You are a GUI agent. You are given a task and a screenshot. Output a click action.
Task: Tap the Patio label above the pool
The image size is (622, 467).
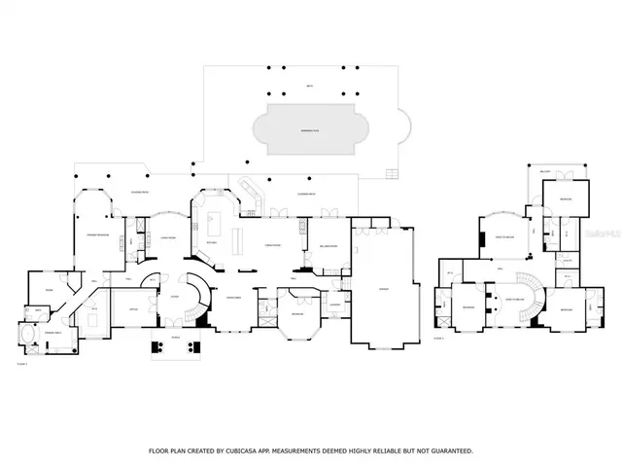pos(309,87)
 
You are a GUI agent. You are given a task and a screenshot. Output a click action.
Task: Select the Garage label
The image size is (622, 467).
pos(384,289)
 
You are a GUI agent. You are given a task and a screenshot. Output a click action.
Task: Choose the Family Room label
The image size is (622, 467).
pos(273,247)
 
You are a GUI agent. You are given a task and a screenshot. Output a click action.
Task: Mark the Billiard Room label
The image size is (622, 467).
pos(328,247)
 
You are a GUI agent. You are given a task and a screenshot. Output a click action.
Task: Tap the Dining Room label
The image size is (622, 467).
pos(233,296)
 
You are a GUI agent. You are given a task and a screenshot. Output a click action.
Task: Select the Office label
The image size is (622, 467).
pos(132,309)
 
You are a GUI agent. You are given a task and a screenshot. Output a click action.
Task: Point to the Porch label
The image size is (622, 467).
pos(176,337)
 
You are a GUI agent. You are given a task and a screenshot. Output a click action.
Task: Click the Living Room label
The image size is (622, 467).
pos(167,236)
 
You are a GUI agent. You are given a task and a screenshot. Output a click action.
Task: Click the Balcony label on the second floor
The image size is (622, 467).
pos(545,171)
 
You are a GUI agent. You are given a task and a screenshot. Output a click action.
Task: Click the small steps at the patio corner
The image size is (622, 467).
pos(393,175)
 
